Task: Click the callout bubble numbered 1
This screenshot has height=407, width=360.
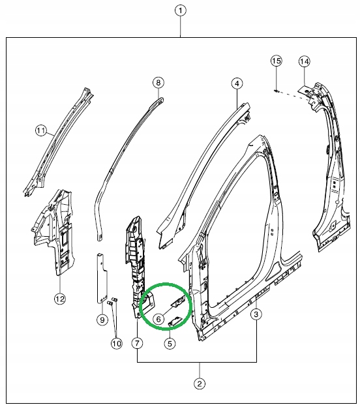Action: pyautogui.click(x=181, y=11)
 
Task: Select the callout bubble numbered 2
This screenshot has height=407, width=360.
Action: pyautogui.click(x=200, y=384)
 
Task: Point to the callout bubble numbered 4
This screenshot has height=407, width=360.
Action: pyautogui.click(x=237, y=83)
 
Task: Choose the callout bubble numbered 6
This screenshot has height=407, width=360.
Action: pyautogui.click(x=159, y=319)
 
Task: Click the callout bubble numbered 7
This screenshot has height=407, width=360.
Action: pyautogui.click(x=136, y=342)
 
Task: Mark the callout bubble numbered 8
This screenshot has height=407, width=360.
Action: pyautogui.click(x=157, y=82)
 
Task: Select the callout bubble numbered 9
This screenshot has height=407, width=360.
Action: pyautogui.click(x=102, y=320)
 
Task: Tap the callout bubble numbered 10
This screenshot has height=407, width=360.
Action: pyautogui.click(x=116, y=342)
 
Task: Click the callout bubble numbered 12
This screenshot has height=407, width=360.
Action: pyautogui.click(x=59, y=299)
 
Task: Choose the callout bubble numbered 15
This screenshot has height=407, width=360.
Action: pyautogui.click(x=276, y=61)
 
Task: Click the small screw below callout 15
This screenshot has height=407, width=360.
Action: pyautogui.click(x=277, y=90)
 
